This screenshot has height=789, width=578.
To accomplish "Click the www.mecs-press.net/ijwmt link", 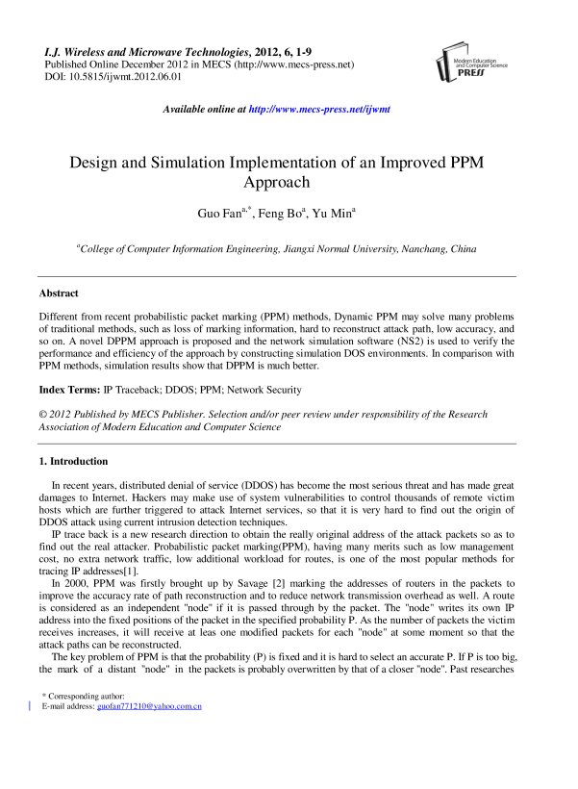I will [319, 110].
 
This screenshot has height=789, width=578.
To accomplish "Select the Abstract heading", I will [59, 293].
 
